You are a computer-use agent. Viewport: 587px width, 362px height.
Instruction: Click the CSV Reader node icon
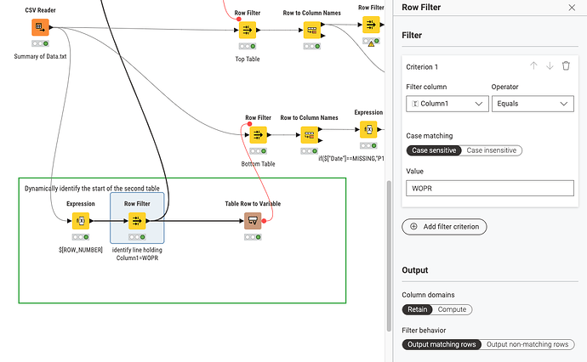coord(39,28)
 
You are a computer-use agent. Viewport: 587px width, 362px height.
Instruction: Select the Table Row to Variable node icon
coord(252,221)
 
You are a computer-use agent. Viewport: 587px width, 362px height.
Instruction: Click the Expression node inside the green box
coord(81,221)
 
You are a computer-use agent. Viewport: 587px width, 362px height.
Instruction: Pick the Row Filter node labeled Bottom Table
coord(258,135)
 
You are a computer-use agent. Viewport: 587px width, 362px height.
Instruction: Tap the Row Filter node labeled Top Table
coord(247,30)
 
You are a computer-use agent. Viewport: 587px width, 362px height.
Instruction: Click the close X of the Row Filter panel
coord(571,7)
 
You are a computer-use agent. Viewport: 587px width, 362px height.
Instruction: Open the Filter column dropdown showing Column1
coord(447,104)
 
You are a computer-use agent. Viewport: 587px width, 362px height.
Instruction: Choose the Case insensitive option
coord(492,150)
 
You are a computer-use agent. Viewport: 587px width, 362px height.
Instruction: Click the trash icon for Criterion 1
coord(566,65)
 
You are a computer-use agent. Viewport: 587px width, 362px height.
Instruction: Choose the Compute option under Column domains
coord(452,309)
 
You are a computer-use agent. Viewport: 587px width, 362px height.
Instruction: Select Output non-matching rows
coord(528,344)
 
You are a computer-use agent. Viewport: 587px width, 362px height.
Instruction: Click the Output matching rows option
coord(441,344)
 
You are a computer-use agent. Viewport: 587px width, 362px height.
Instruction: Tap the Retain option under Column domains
coord(417,309)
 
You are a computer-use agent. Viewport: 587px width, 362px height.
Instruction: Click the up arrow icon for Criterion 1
coord(533,65)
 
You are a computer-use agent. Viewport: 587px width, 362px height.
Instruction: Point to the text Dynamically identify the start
coord(76,187)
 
